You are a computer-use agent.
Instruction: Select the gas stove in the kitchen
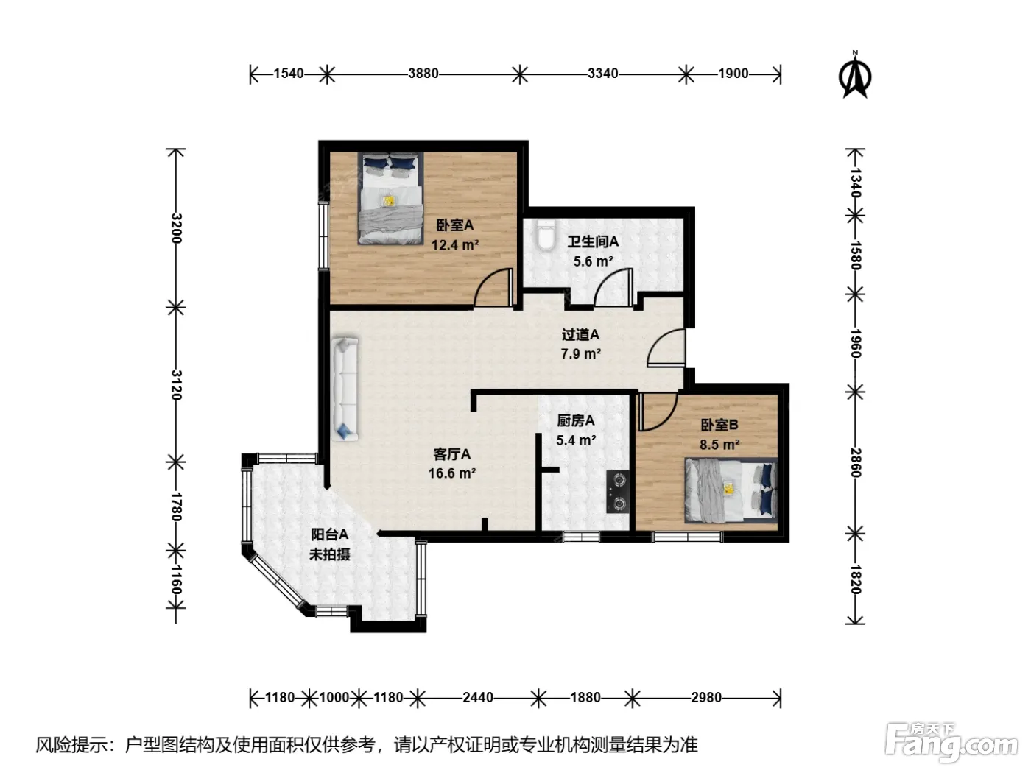(617, 492)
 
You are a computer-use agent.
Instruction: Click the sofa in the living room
(345, 389)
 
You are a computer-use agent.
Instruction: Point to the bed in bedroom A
(391, 198)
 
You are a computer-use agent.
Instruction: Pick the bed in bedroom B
(731, 490)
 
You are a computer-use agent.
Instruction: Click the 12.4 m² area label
(455, 244)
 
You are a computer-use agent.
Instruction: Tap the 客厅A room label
(451, 453)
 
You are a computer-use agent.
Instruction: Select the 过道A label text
(580, 334)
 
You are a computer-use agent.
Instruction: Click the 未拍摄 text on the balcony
(330, 554)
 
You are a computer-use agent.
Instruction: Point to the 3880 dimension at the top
(423, 73)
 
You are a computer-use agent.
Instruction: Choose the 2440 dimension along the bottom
(478, 697)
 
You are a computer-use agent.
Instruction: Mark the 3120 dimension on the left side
(176, 385)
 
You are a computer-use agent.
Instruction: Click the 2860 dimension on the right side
(855, 462)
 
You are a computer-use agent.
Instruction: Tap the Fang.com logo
(951, 743)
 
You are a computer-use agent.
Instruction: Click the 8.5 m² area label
(719, 444)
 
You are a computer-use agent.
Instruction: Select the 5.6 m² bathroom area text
(593, 261)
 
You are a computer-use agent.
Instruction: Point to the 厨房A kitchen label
(576, 420)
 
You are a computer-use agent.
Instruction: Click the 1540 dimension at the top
(289, 73)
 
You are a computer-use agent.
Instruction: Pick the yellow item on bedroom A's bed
(389, 201)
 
